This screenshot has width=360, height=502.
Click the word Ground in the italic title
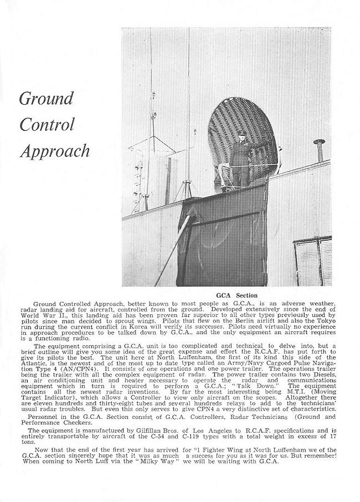point(46,98)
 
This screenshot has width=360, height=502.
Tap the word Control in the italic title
point(47,124)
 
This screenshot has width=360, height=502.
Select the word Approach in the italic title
point(55,151)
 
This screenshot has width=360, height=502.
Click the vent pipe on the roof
point(319,150)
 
